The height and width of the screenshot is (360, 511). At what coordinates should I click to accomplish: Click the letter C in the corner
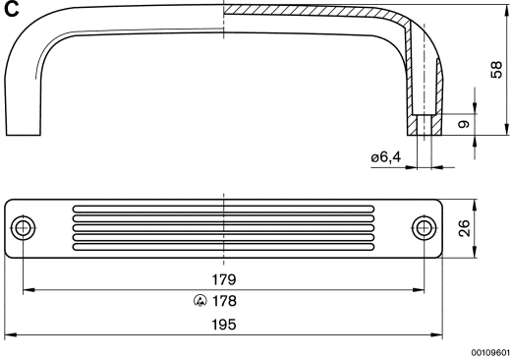point(11,9)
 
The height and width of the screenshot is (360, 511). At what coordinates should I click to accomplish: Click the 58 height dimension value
point(496,70)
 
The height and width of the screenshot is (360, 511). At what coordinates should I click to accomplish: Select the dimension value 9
point(464,124)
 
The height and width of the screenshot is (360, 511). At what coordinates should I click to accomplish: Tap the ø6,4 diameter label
point(385,157)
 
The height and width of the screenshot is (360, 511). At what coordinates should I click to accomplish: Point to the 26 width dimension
point(464,228)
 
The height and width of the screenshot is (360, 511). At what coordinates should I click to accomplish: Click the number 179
point(224,279)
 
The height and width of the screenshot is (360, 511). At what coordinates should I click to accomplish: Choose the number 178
point(224,301)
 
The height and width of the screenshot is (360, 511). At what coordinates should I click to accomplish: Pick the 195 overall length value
point(224,325)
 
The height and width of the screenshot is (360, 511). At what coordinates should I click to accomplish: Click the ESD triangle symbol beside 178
point(200,301)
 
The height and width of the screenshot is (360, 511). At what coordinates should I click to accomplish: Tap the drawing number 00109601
point(490,352)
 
